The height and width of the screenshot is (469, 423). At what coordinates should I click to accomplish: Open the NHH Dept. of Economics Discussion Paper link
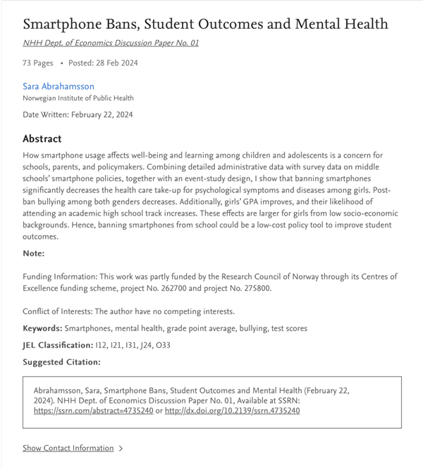pyautogui.click(x=111, y=43)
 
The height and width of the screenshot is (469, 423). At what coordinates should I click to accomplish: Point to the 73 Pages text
pyautogui.click(x=38, y=63)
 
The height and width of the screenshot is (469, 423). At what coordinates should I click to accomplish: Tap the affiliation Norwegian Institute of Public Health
pyautogui.click(x=78, y=98)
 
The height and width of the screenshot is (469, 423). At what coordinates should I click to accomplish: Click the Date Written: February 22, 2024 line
pyautogui.click(x=78, y=114)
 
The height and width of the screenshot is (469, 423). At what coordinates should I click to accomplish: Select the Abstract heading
pyautogui.click(x=42, y=139)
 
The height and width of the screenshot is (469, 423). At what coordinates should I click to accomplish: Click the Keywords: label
pyautogui.click(x=42, y=328)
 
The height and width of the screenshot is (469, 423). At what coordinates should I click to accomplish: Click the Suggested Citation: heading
pyautogui.click(x=62, y=362)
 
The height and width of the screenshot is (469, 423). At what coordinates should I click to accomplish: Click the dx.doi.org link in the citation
pyautogui.click(x=232, y=411)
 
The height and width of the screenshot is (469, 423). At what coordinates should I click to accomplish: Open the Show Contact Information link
pyautogui.click(x=68, y=448)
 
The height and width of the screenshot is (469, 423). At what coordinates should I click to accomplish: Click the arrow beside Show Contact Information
pyautogui.click(x=121, y=448)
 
